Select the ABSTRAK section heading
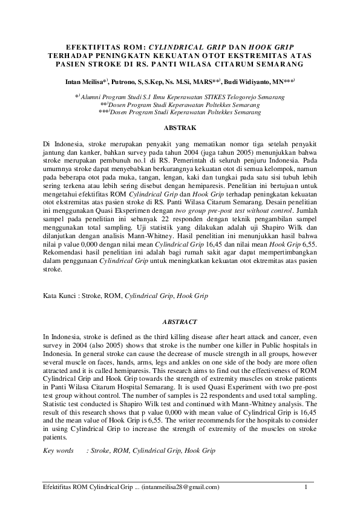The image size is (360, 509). [180, 128]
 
